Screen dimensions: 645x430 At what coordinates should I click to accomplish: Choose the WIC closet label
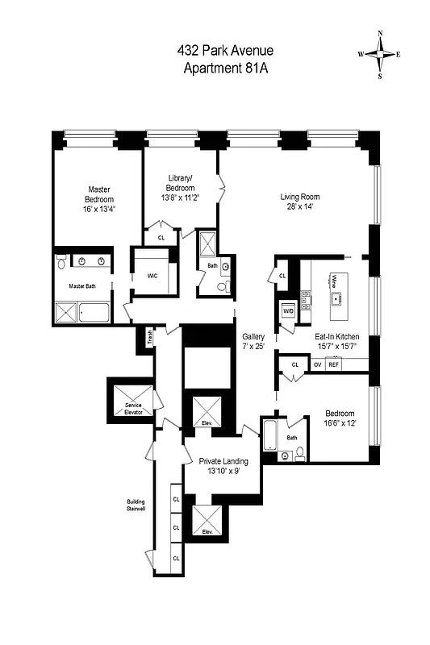tap(152, 275)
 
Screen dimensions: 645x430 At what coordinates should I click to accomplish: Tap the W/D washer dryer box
tap(288, 310)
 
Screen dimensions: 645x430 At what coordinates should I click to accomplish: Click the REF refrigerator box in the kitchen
tap(333, 364)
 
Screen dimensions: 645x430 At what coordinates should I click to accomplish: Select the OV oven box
tap(317, 364)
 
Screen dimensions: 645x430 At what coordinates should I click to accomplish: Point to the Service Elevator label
tap(132, 407)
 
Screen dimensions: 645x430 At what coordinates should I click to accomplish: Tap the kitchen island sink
tap(334, 297)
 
